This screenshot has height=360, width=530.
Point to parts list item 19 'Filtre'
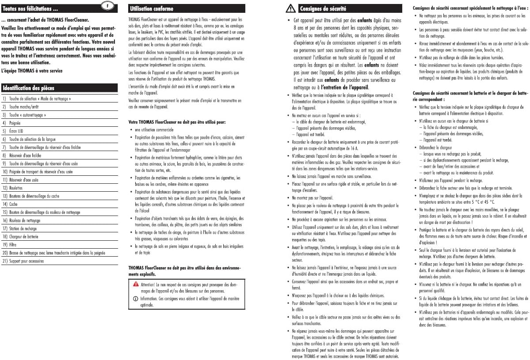point(14,244)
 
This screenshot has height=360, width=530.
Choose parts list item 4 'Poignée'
point(15,123)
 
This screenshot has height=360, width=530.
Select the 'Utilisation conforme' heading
point(152,8)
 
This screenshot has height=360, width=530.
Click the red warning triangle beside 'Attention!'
point(135,283)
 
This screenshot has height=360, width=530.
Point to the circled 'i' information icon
point(135,299)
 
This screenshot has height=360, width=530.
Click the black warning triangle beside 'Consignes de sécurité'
point(290,8)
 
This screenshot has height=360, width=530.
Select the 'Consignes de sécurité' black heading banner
point(323,8)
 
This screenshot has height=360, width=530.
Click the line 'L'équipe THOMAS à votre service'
point(32,70)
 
